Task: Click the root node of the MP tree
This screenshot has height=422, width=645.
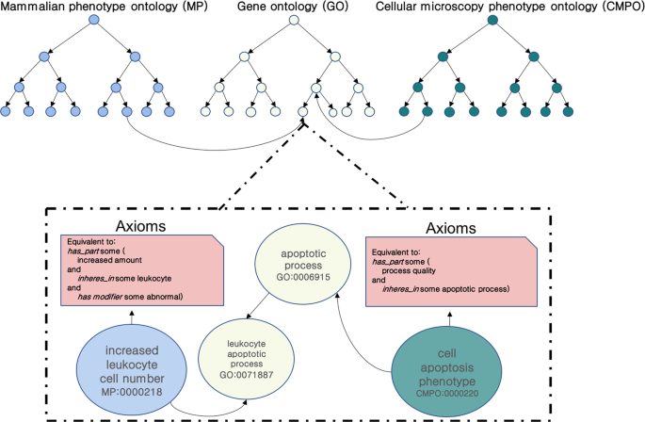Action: pos(94,20)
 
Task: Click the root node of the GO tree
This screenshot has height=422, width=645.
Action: pos(294,20)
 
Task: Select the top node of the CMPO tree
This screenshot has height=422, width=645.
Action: pos(492,20)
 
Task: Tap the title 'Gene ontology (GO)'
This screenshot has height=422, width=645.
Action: pos(293,7)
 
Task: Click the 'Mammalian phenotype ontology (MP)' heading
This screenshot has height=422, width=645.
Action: pos(105,7)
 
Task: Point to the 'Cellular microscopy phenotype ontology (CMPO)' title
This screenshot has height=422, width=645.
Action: pos(509,7)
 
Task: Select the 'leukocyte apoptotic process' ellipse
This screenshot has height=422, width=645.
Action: pos(247,358)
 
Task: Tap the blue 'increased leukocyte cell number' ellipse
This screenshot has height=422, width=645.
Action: pos(132,369)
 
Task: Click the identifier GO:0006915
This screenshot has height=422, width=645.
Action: pos(303,277)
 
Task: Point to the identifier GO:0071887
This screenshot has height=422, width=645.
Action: pos(247,375)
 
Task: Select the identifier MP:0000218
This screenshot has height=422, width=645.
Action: pos(132,392)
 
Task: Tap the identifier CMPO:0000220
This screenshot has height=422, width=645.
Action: pos(447,393)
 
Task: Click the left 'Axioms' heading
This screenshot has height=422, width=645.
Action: pos(140,226)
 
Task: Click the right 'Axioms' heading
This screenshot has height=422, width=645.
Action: pos(451,228)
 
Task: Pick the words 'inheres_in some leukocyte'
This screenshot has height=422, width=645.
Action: pos(124,279)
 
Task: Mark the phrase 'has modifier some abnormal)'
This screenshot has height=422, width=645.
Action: pos(130,297)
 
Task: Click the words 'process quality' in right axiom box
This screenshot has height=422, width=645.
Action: pos(409,270)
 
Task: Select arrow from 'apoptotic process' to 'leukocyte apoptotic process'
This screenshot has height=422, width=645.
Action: pos(257,306)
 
